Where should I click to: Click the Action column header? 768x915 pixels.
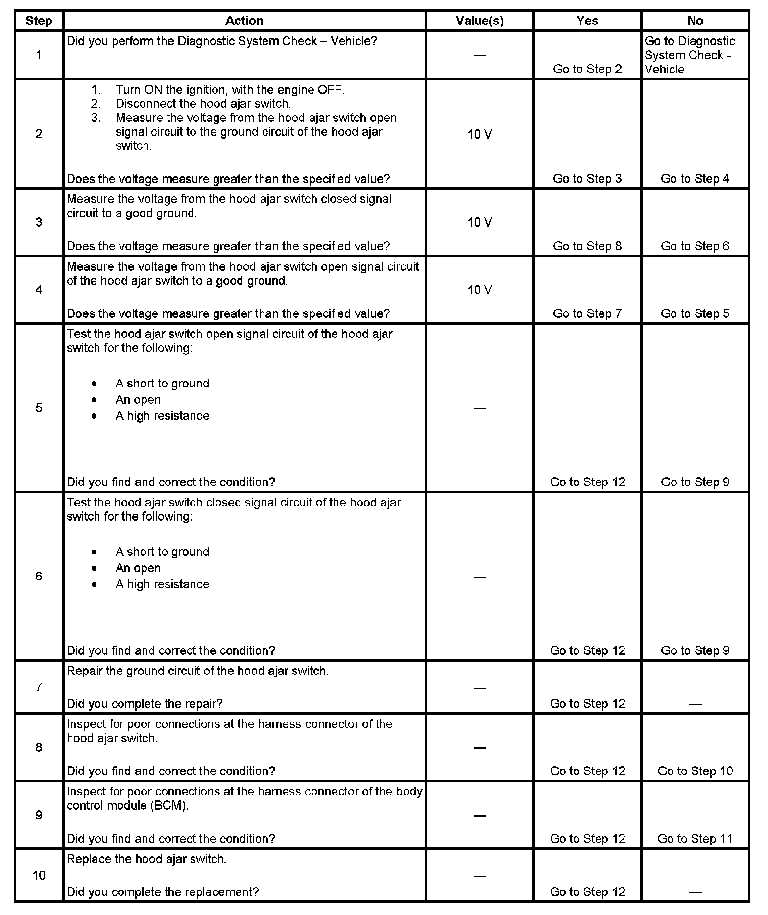[x=244, y=21]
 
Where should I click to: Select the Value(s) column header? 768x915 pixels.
[x=479, y=21]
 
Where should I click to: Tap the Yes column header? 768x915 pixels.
[x=587, y=21]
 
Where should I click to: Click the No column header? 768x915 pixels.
[x=695, y=21]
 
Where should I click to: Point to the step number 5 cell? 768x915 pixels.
[x=39, y=408]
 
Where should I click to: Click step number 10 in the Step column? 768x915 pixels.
[x=39, y=875]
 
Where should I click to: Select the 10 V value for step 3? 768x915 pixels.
[x=479, y=222]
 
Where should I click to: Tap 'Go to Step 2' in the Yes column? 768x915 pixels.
[x=587, y=69]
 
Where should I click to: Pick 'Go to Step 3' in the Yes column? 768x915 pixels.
[x=587, y=179]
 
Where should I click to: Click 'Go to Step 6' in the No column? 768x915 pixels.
[x=695, y=246]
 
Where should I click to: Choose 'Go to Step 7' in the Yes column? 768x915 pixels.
[x=587, y=313]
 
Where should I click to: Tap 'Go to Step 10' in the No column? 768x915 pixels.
[x=695, y=771]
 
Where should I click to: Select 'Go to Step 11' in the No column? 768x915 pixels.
[x=695, y=839]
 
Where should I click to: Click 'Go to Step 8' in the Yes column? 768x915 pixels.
[x=587, y=246]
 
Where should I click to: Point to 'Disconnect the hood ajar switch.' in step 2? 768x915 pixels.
[x=203, y=104]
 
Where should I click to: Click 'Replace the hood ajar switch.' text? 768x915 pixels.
[x=146, y=859]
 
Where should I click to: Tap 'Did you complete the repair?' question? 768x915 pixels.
[x=144, y=704]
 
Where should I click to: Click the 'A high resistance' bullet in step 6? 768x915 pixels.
[x=162, y=584]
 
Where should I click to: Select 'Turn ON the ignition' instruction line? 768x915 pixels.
[x=230, y=90]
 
